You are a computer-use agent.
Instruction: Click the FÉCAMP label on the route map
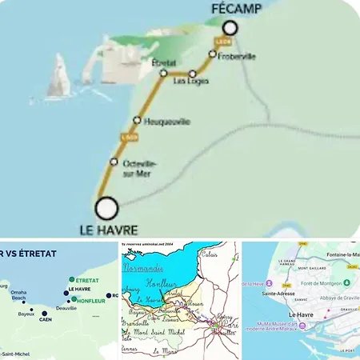234,10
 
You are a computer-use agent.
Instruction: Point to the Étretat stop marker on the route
162,73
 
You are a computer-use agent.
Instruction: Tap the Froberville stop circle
213,54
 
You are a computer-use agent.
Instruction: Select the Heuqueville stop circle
137,121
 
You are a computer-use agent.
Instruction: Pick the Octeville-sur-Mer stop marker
114,162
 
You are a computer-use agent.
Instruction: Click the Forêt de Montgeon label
319,282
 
